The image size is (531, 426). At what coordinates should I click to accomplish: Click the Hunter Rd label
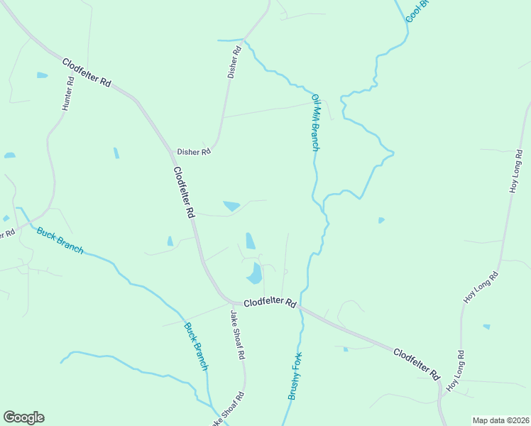click(67, 93)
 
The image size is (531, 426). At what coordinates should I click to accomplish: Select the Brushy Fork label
click(295, 376)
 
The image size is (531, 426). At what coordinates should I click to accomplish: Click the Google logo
click(23, 417)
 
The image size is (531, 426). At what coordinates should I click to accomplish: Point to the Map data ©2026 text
click(500, 420)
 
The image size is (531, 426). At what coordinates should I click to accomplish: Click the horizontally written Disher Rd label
click(194, 151)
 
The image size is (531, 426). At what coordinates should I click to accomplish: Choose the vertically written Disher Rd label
click(234, 62)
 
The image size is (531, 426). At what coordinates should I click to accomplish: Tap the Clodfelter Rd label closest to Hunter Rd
click(87, 72)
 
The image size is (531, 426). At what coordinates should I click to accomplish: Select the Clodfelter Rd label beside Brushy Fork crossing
click(270, 302)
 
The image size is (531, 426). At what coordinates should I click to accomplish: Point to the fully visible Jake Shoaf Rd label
click(238, 334)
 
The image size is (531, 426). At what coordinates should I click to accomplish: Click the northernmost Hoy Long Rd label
click(515, 173)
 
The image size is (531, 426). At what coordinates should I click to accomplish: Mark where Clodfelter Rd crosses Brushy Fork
click(302, 307)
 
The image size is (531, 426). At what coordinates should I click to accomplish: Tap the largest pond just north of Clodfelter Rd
click(254, 272)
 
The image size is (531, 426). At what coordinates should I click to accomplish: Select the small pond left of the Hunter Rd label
click(42, 75)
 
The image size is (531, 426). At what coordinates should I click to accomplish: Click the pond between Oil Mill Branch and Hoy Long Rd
click(381, 220)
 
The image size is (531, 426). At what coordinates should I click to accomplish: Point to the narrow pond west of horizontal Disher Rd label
click(116, 153)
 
